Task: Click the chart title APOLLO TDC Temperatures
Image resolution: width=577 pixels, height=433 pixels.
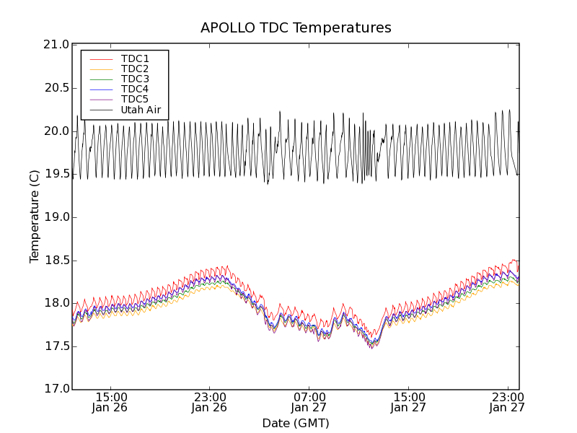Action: coord(296,28)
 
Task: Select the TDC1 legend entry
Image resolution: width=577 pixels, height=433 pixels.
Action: coord(135,58)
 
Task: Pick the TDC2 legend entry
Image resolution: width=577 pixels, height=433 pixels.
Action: coord(135,69)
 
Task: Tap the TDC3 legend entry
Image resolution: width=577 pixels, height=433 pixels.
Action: coord(135,79)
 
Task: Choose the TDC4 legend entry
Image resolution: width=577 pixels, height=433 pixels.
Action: coord(135,89)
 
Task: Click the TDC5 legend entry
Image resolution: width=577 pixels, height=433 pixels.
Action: coord(135,99)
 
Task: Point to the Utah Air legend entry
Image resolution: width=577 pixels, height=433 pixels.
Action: coord(141,110)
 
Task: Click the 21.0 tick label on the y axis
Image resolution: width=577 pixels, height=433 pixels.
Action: coord(56,45)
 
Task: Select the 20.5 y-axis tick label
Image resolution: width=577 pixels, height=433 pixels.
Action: coord(56,88)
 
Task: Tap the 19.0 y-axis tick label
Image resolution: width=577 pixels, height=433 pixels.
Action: coord(56,217)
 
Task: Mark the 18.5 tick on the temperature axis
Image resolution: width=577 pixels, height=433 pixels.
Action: coord(56,261)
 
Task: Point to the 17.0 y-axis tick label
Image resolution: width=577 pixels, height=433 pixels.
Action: coord(56,390)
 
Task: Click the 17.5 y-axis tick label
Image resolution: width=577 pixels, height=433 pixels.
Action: coord(56,346)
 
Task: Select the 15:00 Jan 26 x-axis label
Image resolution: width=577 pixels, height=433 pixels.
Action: coord(111,402)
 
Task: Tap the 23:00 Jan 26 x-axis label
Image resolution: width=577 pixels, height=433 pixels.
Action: coord(210,402)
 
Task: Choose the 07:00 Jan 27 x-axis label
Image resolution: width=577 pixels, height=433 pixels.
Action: coord(309,402)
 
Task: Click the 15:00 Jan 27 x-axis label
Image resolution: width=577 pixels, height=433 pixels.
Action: coord(408,402)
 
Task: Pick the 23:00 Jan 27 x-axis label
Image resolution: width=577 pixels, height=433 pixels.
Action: coord(508,402)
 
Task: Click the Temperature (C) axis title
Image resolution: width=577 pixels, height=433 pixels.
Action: coord(35,216)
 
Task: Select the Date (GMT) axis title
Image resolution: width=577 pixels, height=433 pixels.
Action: coord(296,423)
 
